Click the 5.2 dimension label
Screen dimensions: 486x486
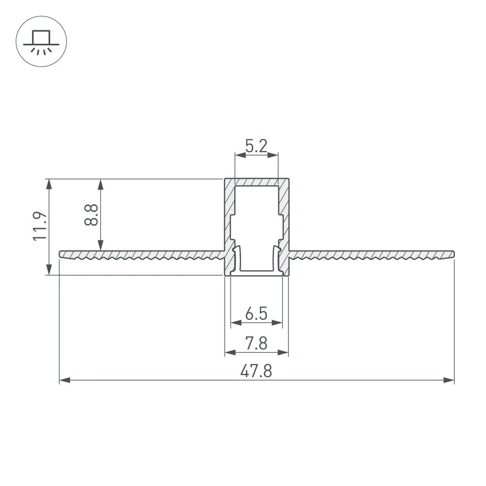[x=256, y=146]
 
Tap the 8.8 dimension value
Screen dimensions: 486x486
[x=91, y=214]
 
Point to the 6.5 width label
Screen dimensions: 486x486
[x=256, y=314]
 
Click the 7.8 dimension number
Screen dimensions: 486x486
[x=256, y=344]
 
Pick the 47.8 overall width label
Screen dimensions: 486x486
[x=256, y=372]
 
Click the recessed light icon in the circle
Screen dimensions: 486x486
[x=41, y=41]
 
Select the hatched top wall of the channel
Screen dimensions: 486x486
[x=256, y=182]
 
